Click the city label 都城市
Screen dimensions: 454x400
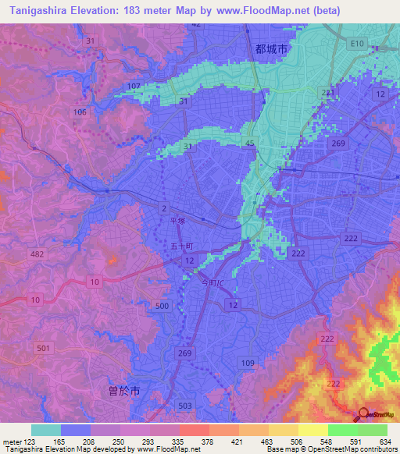tap(272, 48)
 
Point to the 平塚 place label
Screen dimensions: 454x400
tap(179, 222)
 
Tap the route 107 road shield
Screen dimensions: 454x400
tap(134, 86)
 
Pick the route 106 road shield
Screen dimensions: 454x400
tap(80, 112)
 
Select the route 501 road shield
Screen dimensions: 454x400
tap(44, 347)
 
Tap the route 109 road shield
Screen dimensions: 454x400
tap(248, 363)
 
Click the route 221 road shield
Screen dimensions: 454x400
tap(328, 93)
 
